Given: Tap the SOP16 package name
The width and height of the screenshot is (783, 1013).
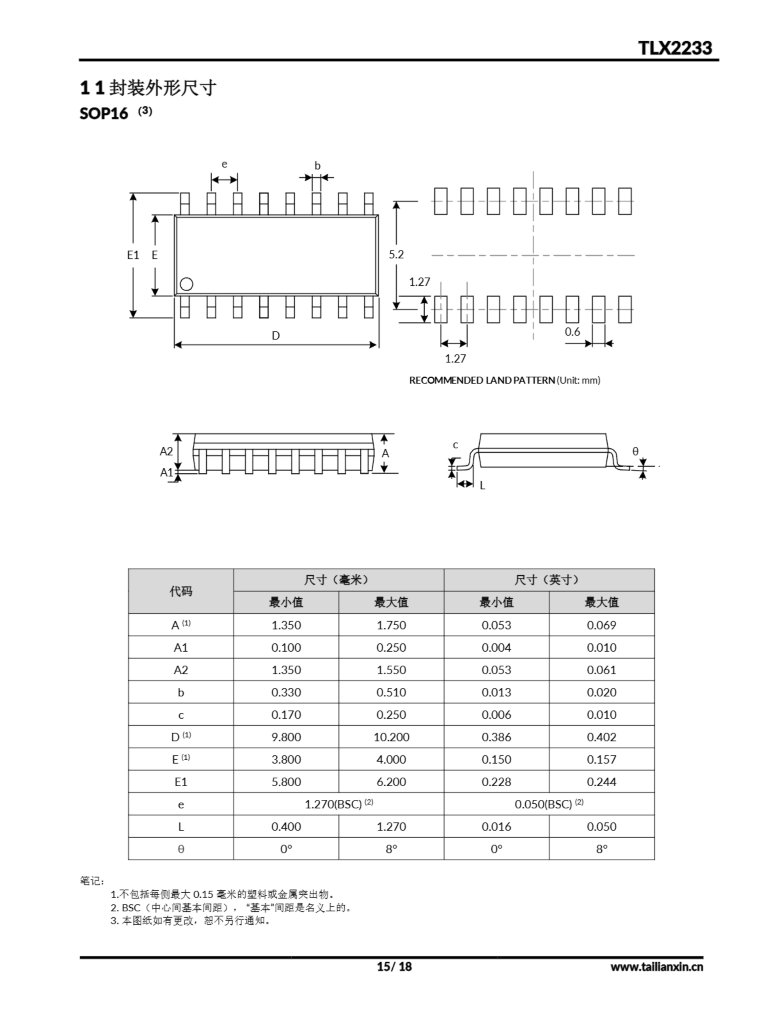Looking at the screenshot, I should (x=103, y=114).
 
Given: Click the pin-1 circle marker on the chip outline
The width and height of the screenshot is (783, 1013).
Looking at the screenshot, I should (x=186, y=284).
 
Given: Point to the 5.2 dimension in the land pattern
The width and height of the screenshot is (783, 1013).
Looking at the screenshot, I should (x=396, y=254).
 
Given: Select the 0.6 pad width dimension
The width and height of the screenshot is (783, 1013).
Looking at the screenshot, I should (x=572, y=332).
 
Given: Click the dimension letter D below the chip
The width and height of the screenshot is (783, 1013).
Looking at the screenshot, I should (x=276, y=335).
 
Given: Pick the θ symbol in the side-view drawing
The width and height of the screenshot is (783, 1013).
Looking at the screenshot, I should (x=635, y=451).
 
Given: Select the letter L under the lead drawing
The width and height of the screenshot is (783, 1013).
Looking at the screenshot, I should (x=482, y=486).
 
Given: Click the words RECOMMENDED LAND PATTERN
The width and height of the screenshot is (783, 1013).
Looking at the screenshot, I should (x=482, y=380).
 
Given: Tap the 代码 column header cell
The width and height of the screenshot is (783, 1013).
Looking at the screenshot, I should (x=181, y=591).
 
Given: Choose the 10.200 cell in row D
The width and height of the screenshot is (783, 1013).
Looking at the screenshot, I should (x=391, y=737).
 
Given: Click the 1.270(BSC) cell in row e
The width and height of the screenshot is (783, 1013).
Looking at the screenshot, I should (x=338, y=804).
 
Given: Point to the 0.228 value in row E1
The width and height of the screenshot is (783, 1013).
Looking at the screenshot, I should (x=496, y=782).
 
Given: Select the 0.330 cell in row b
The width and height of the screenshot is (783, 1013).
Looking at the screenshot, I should (x=286, y=692).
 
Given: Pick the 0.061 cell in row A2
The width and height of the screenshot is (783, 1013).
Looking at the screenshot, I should (x=602, y=670).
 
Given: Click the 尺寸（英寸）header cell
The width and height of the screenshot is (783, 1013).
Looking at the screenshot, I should (x=549, y=580).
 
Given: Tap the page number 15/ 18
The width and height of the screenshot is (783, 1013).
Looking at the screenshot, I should (x=394, y=966).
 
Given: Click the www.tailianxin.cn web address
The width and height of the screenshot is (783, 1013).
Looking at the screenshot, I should (x=656, y=967).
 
